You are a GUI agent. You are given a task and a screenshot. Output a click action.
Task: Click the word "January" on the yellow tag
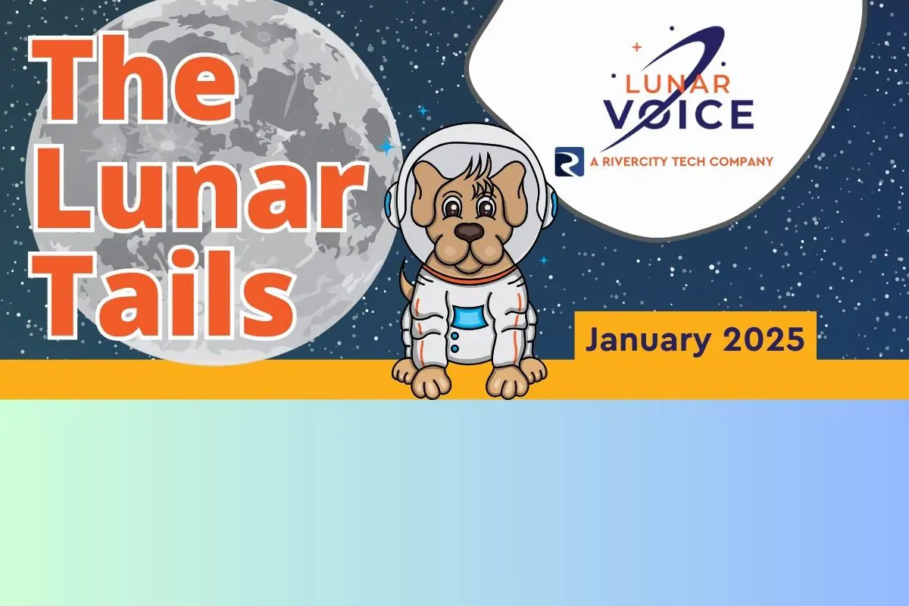tap(648, 341)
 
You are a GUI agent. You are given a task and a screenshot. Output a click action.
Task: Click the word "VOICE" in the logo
tap(679, 114)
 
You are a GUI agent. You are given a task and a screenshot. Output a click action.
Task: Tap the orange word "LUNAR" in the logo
tap(678, 84)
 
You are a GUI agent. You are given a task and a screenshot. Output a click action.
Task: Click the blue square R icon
tap(570, 161)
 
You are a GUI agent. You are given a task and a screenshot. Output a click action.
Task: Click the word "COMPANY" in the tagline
tap(742, 161)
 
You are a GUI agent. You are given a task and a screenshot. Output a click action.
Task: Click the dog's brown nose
tap(469, 232)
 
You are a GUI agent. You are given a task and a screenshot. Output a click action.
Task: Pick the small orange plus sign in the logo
tap(637, 48)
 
